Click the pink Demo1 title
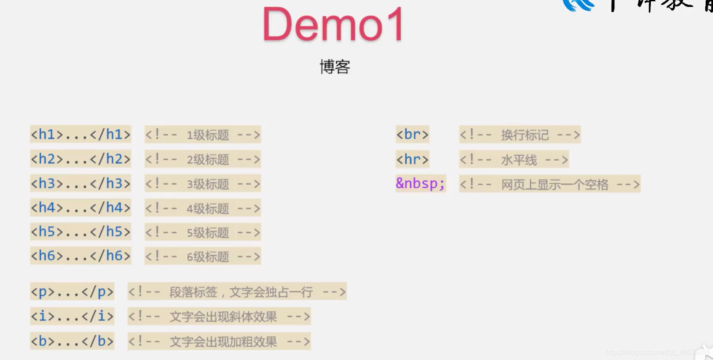point(333,25)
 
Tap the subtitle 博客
point(335,67)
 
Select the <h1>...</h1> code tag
point(80,134)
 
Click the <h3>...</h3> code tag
point(80,183)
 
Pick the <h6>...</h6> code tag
point(80,255)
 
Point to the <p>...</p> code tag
point(72,292)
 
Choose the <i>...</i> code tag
point(72,316)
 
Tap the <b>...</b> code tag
point(72,341)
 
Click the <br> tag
point(412,134)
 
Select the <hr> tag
point(412,159)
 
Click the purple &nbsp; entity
point(420,183)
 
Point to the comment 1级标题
point(203,135)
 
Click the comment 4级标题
point(203,208)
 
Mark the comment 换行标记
point(520,135)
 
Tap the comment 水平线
point(514,160)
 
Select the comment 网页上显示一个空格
point(550,184)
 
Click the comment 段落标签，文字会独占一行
point(237,292)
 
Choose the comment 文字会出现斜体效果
point(219,316)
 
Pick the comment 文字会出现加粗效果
point(219,341)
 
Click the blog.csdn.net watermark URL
point(657,352)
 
